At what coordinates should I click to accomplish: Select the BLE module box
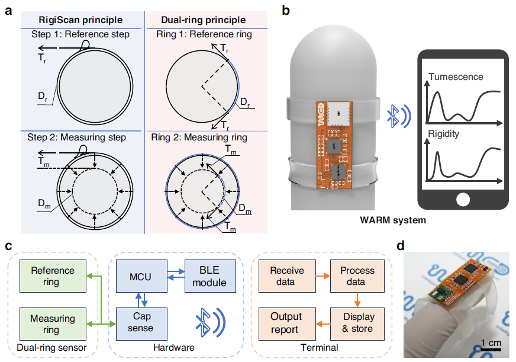[210, 276]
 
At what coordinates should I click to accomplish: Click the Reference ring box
[53, 276]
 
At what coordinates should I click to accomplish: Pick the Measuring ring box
[53, 324]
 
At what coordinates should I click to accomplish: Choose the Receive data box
[287, 276]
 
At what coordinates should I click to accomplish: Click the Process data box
[357, 276]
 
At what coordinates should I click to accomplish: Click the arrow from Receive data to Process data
[323, 276]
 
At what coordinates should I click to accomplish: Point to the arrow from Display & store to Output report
[323, 324]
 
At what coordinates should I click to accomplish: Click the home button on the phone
[463, 200]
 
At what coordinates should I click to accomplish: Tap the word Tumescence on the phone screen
[456, 77]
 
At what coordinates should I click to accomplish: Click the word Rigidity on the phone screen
[443, 134]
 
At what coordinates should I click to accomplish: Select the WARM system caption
[393, 220]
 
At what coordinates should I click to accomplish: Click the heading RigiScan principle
[80, 20]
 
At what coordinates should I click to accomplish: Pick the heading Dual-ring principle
[204, 20]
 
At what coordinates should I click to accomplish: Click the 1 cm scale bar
[491, 349]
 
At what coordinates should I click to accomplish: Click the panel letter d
[401, 246]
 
